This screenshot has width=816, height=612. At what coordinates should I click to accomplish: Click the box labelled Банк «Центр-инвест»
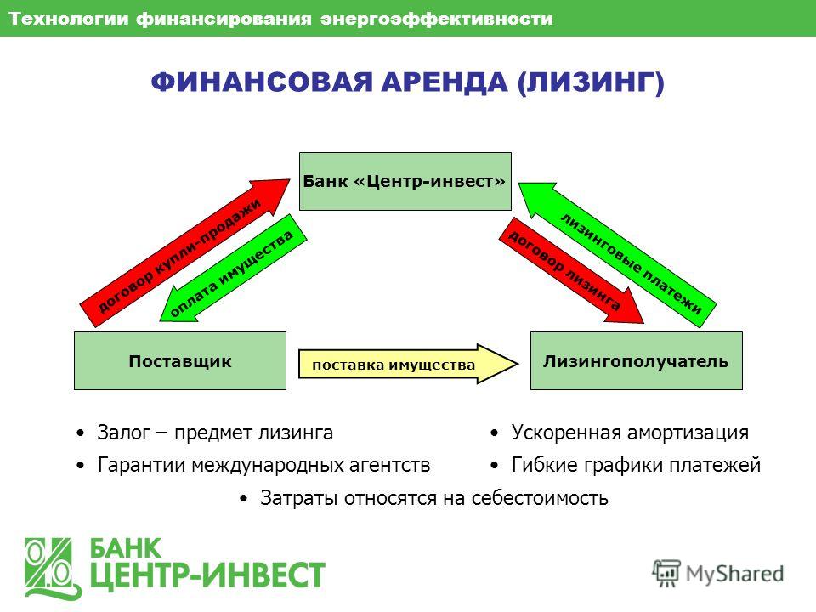click(405, 181)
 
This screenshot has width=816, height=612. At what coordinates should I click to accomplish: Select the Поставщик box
click(180, 360)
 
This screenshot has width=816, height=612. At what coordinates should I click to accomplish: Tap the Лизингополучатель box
click(637, 360)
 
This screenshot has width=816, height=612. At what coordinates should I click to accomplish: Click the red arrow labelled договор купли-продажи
click(184, 253)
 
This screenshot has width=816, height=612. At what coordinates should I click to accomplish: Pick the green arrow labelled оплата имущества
click(233, 269)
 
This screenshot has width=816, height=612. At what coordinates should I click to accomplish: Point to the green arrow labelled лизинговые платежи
click(618, 255)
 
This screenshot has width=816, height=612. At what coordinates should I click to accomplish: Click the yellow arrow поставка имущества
click(409, 365)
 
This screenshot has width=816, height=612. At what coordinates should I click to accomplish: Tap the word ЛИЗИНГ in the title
click(590, 82)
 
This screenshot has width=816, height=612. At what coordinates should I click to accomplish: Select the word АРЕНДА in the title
click(445, 82)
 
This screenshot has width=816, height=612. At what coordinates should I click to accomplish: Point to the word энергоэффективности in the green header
click(436, 19)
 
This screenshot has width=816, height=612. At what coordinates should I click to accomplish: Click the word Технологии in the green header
click(69, 19)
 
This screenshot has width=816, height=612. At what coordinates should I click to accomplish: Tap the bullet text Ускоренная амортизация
click(630, 433)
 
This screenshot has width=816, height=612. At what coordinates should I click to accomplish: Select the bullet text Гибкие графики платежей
click(636, 465)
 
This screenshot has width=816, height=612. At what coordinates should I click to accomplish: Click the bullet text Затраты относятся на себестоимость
click(434, 498)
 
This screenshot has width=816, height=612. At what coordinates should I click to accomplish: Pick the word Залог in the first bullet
click(124, 433)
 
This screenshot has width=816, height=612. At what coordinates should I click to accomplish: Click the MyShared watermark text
click(734, 574)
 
